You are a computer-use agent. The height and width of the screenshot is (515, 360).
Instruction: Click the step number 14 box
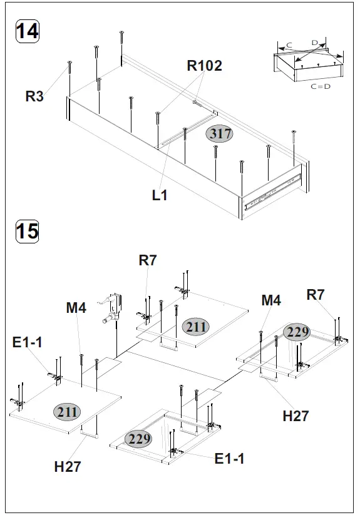(27, 31)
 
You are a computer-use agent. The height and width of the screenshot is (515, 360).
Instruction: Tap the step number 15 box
(27, 232)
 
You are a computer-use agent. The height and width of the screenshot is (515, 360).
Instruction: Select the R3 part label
(34, 96)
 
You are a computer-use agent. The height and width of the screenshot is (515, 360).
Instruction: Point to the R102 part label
(204, 66)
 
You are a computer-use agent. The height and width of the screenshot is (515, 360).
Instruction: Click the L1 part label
(160, 195)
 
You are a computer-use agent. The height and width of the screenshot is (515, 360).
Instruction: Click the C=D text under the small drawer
(320, 86)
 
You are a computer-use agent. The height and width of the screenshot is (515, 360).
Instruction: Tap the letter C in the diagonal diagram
(289, 45)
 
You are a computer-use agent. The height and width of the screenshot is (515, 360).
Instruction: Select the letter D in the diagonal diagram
(315, 43)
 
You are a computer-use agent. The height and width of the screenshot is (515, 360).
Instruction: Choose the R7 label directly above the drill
(148, 260)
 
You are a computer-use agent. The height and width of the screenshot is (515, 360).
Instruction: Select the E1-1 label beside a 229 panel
(229, 459)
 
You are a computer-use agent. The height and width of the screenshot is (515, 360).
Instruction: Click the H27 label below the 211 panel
(68, 466)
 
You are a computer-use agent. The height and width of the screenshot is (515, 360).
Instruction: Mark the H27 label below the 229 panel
(296, 416)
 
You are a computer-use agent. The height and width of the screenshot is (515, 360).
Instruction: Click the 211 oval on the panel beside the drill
(196, 326)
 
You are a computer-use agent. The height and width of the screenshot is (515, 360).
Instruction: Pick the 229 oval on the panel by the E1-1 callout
(138, 439)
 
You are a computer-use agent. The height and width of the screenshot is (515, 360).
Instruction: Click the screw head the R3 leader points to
(70, 63)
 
